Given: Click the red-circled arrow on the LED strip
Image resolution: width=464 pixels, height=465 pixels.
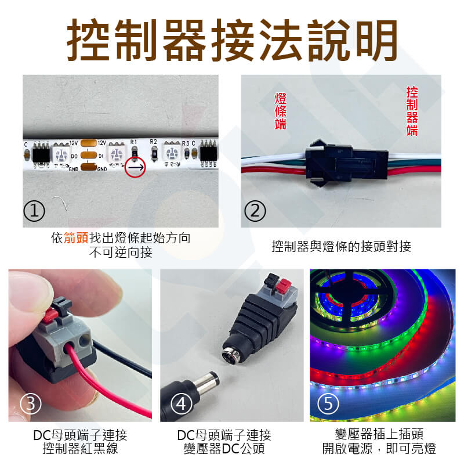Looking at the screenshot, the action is [136, 168].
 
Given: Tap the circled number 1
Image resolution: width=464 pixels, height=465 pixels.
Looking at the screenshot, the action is [34, 211].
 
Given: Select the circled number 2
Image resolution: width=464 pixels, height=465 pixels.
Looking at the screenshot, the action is [255, 211].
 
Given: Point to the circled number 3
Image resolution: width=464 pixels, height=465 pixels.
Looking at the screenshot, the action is [31, 403].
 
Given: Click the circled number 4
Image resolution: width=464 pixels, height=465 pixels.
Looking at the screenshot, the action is [182, 403].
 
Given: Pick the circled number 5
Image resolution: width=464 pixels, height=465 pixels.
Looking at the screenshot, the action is [328, 403].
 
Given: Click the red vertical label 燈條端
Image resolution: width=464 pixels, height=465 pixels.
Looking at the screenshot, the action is [281, 111].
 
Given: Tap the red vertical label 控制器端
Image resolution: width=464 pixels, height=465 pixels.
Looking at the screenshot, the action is [412, 111].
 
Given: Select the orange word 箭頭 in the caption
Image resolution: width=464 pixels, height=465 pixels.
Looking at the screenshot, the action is [76, 238].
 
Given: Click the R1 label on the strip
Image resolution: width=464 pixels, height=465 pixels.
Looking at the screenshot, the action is [133, 142].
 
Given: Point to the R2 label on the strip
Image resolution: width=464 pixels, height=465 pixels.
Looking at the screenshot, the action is [153, 142].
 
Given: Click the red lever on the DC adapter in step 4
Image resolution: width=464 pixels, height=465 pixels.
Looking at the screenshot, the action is [285, 285].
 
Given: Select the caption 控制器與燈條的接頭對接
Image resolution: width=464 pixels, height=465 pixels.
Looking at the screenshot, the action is [342, 247].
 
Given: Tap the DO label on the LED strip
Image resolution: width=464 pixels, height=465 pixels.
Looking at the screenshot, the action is [74, 156].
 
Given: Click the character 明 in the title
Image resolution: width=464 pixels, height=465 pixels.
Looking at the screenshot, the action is [376, 40].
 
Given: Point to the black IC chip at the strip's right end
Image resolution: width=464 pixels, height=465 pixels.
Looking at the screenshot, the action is [208, 154].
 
